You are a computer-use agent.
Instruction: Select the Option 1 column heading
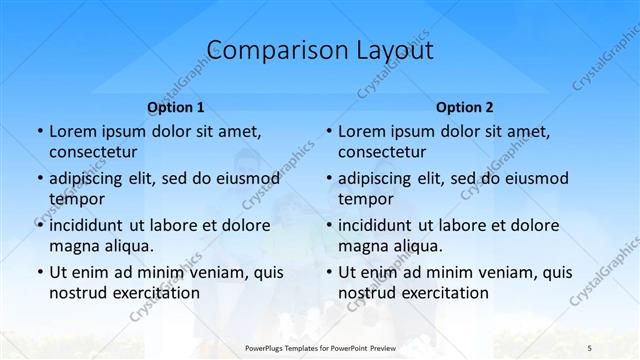click(x=176, y=106)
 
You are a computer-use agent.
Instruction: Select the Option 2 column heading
click(x=465, y=106)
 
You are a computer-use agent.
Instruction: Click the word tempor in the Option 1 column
click(x=75, y=199)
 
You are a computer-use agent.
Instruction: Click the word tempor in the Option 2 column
click(x=364, y=199)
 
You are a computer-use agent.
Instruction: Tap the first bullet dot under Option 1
click(x=39, y=131)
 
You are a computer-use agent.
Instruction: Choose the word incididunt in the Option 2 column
click(x=381, y=225)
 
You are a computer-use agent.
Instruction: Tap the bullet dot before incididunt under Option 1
click(x=39, y=225)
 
